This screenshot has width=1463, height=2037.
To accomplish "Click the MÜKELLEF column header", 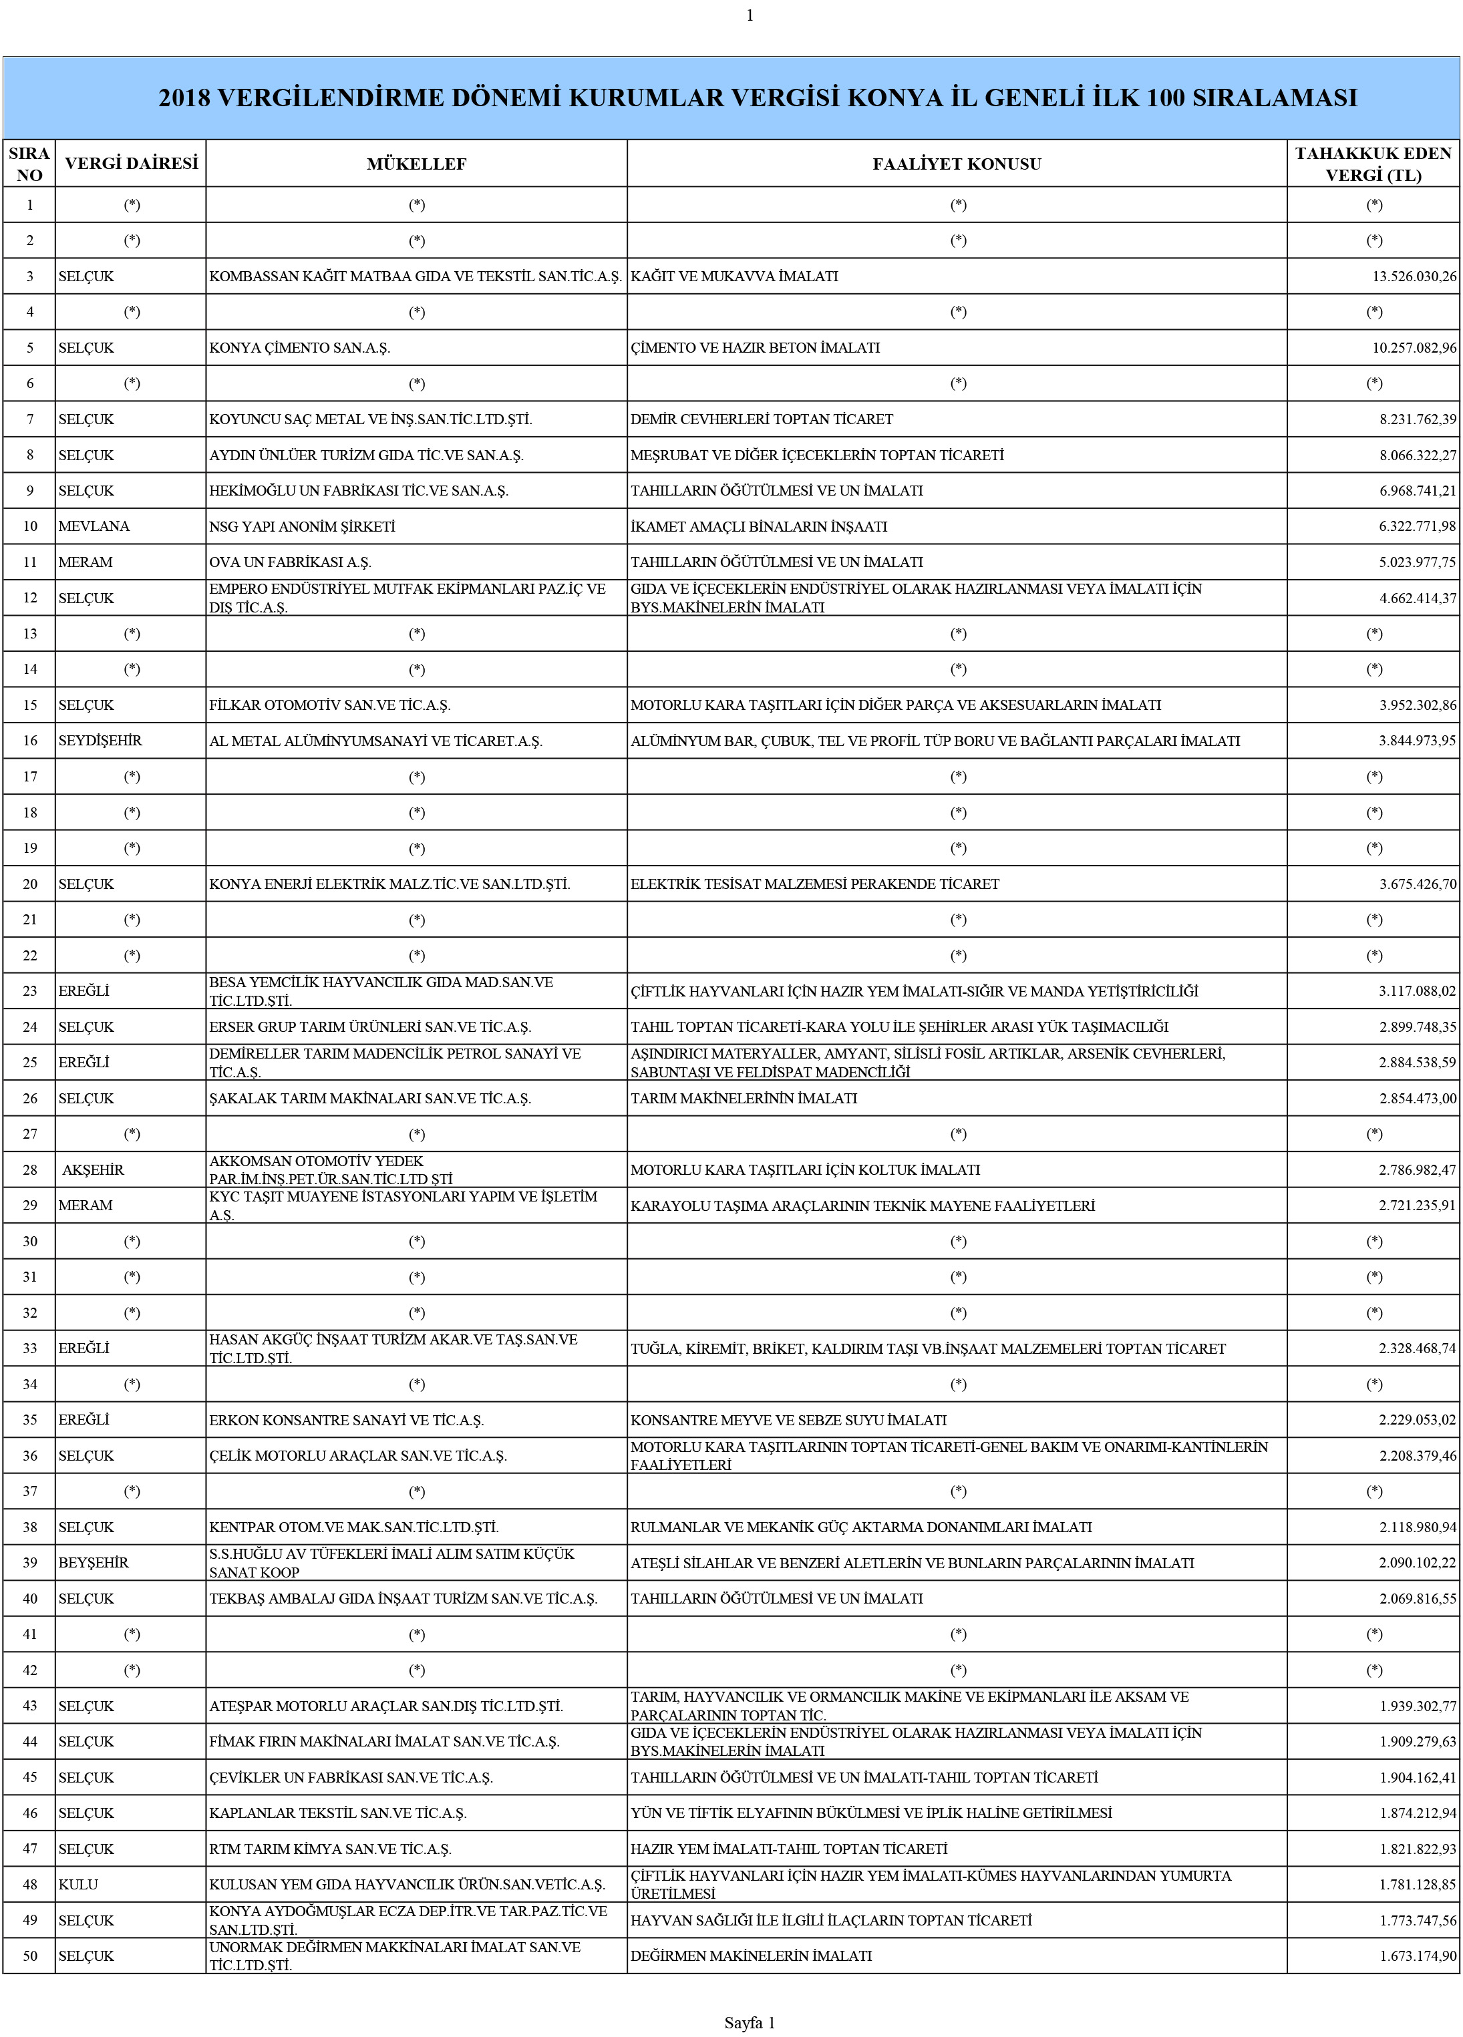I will click(416, 164).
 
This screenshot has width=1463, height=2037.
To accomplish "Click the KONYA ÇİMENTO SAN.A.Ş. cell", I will click(299, 347).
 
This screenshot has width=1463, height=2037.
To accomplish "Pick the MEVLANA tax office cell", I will click(94, 526).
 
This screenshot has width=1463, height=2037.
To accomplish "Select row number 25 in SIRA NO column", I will click(29, 1063).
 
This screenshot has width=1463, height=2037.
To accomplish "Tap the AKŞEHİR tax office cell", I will click(93, 1169).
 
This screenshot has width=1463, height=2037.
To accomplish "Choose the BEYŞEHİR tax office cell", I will click(94, 1563).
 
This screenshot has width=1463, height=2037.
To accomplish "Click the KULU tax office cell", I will click(78, 1884).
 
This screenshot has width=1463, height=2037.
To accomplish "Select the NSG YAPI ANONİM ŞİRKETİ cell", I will click(302, 526).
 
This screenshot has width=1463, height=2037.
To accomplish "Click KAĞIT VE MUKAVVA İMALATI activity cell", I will click(734, 276).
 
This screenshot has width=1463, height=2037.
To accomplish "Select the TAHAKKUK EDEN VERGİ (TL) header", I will click(1372, 164).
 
